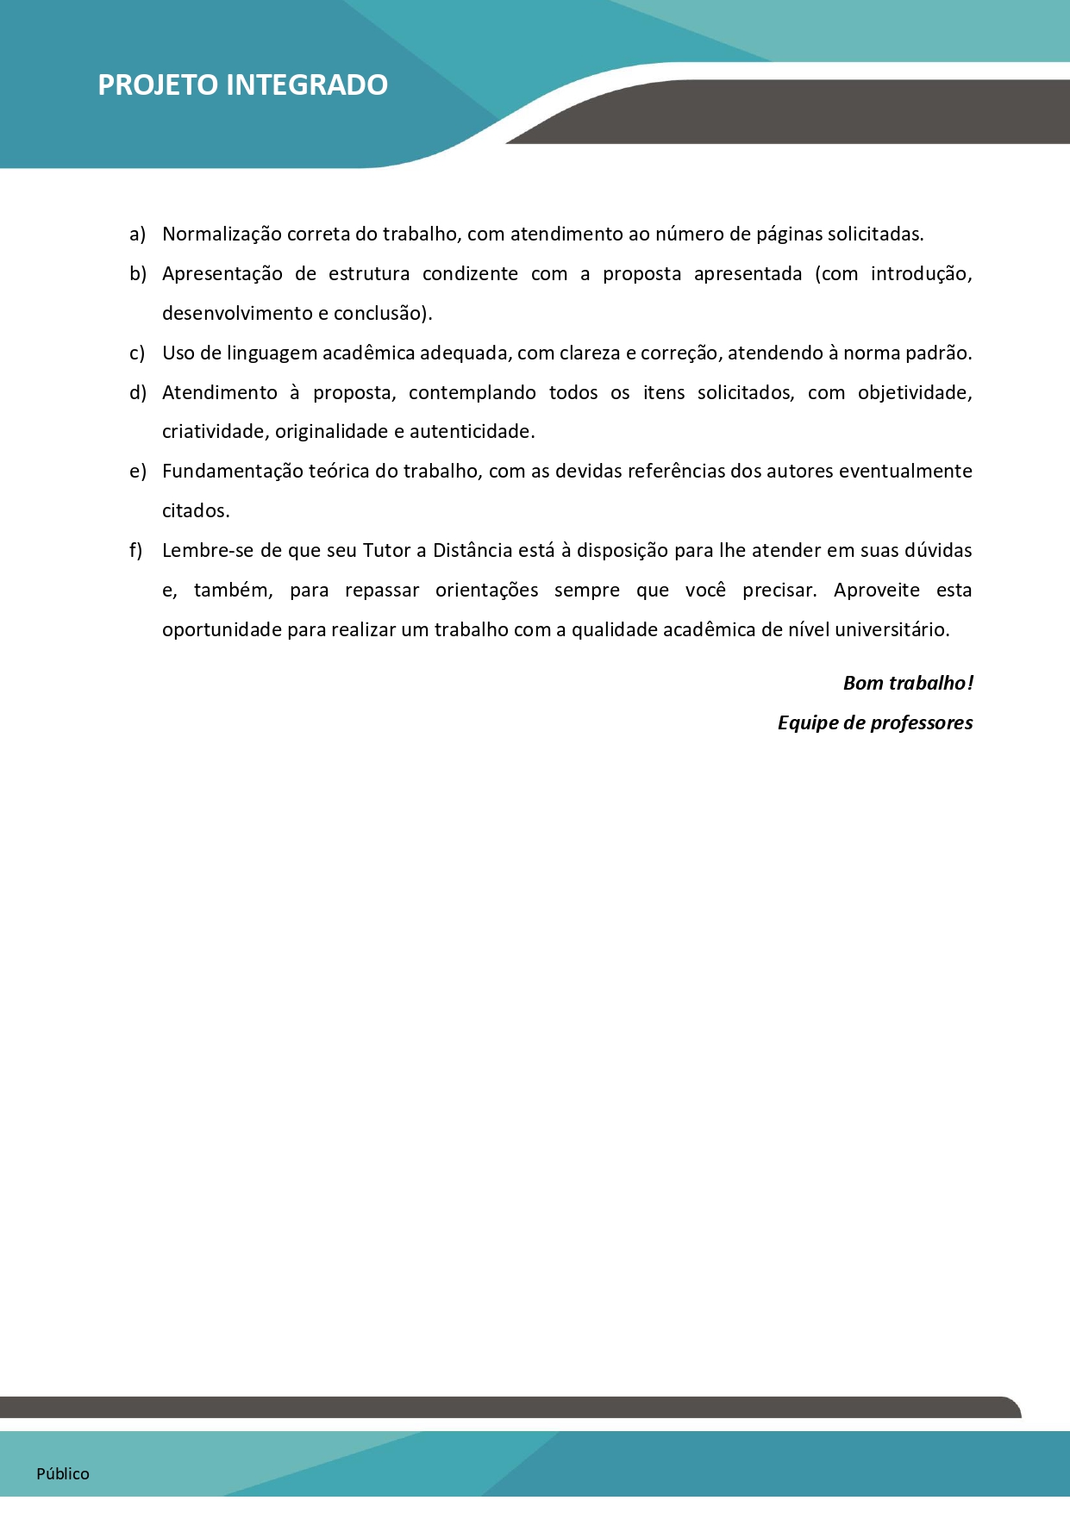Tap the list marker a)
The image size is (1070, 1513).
click(x=137, y=234)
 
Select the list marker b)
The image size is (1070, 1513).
click(x=138, y=274)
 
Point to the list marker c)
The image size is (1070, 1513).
click(x=137, y=353)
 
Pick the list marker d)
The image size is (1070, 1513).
click(x=138, y=393)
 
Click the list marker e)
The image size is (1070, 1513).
click(x=138, y=472)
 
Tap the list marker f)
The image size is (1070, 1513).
click(x=136, y=551)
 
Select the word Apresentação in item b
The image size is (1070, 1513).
click(x=222, y=274)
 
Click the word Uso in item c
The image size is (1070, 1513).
click(x=178, y=353)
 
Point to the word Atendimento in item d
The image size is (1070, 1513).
click(x=219, y=393)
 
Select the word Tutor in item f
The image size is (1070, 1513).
click(x=386, y=551)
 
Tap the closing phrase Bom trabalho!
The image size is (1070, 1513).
click(x=908, y=684)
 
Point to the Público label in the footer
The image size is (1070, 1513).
click(x=63, y=1474)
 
